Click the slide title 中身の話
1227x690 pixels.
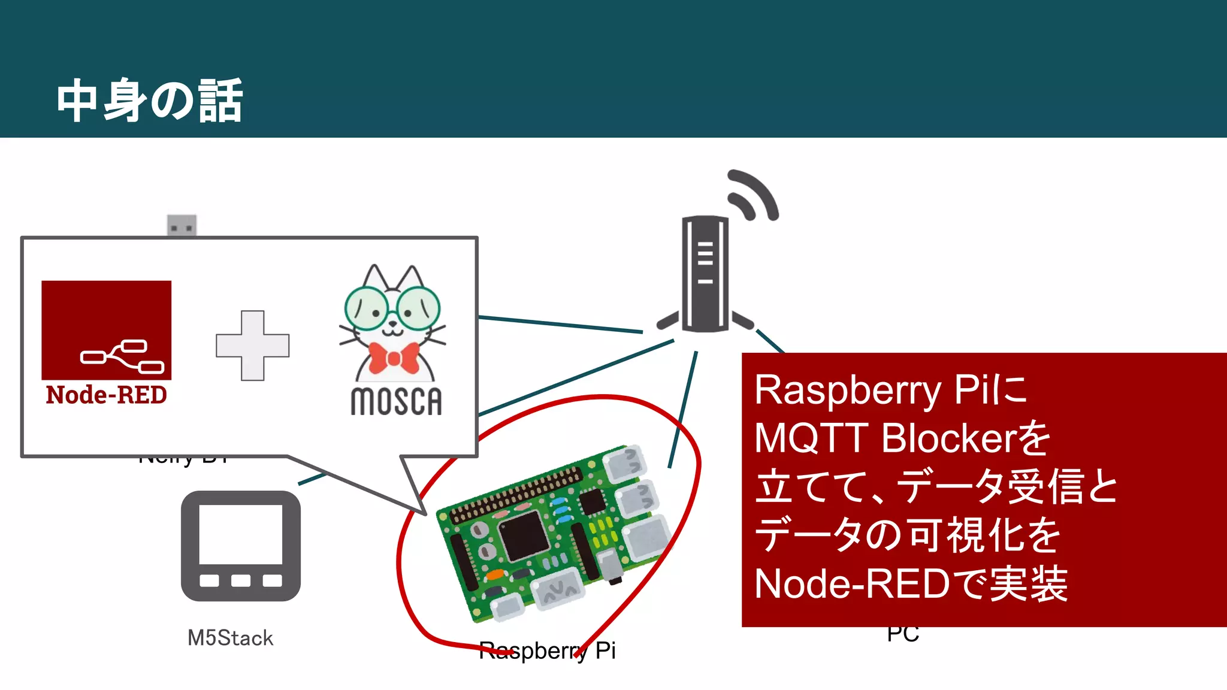[150, 101]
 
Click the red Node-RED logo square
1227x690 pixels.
[106, 329]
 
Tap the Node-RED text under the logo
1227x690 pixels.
[106, 395]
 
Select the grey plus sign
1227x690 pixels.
[252, 346]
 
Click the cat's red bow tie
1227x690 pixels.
[393, 358]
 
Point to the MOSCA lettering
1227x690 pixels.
[396, 401]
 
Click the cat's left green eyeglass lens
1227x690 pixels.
[366, 308]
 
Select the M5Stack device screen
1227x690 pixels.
[240, 534]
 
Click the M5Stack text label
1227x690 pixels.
[230, 638]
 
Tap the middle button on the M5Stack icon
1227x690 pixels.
[240, 580]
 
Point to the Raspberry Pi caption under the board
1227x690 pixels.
[547, 650]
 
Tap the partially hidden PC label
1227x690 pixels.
[903, 634]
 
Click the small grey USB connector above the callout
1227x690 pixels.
[182, 226]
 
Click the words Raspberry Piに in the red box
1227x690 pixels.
[890, 390]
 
